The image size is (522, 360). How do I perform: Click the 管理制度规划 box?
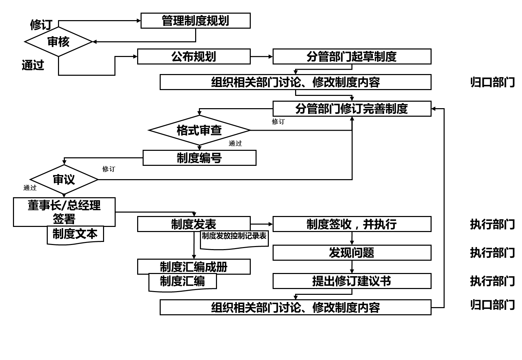point(195,21)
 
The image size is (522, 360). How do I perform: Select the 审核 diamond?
point(58,42)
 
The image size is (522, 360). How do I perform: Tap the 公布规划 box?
point(194,57)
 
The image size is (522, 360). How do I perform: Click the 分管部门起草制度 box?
point(352,57)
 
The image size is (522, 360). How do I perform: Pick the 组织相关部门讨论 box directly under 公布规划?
point(295,82)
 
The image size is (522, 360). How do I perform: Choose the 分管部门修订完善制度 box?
point(352,109)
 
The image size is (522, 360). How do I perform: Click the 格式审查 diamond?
point(199,130)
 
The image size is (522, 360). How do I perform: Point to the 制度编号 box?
point(199,158)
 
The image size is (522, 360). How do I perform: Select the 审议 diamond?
point(64,179)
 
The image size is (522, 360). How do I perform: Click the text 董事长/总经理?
point(64,205)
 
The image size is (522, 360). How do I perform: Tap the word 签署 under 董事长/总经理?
point(64,219)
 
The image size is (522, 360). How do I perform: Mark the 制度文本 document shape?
point(75,234)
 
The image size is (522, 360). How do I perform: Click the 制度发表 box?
point(194,224)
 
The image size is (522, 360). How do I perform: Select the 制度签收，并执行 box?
point(352,224)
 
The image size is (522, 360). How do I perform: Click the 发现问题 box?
point(352,253)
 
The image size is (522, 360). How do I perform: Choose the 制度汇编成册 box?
point(194,267)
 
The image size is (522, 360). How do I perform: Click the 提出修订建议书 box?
point(352,281)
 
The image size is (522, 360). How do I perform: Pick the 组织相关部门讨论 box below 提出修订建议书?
point(295,307)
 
